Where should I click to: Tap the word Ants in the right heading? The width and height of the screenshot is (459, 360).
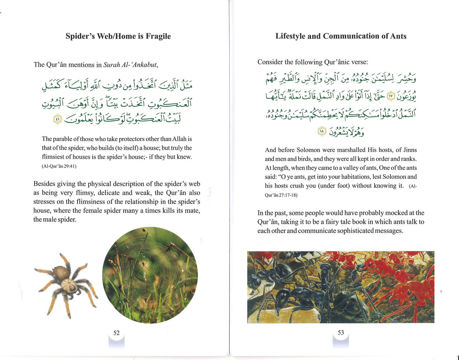[397, 36]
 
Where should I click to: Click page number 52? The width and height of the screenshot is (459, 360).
[117, 333]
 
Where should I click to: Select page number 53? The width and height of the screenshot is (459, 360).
[341, 332]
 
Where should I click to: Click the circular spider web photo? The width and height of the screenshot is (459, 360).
[150, 275]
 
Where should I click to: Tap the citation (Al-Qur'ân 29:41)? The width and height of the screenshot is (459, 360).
[59, 166]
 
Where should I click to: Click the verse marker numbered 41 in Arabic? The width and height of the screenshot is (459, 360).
[56, 119]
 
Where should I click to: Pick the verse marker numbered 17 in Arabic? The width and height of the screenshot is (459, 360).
[391, 96]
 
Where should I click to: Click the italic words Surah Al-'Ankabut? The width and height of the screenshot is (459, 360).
[130, 65]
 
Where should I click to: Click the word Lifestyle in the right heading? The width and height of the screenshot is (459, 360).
[291, 36]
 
